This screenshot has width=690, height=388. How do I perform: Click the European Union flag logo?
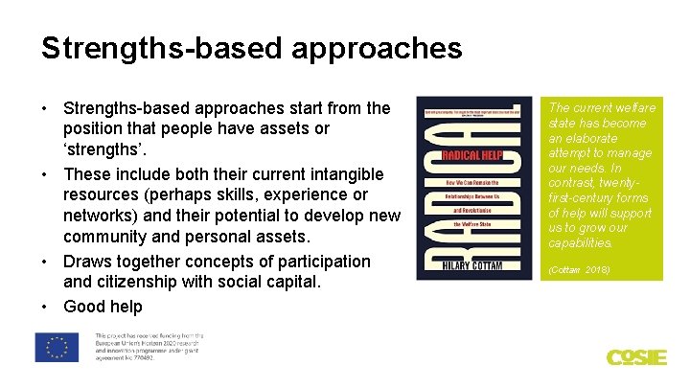click(58, 347)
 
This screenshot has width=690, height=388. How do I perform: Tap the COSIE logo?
click(635, 357)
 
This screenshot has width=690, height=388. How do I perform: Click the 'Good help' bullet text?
click(103, 307)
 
